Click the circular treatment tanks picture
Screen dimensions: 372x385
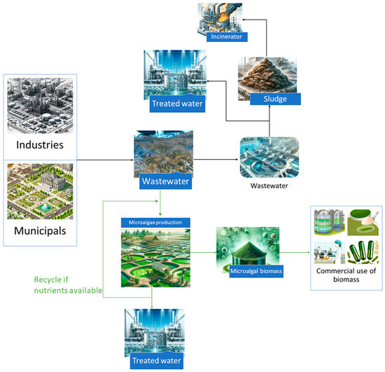point(269,158)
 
